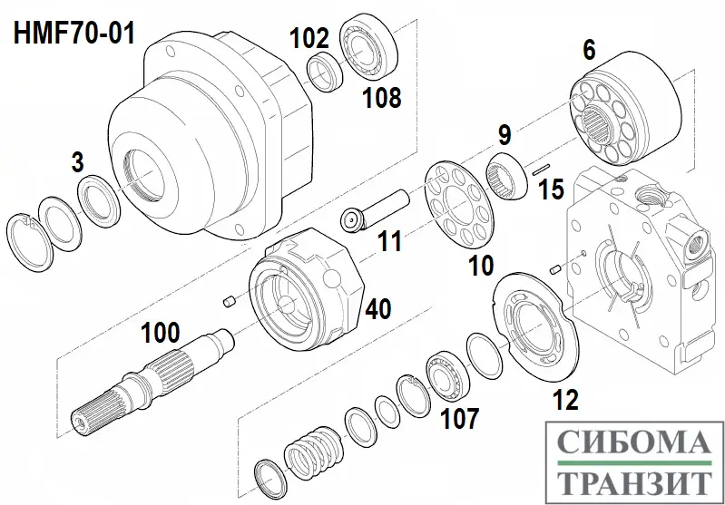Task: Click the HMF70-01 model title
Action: click(x=74, y=34)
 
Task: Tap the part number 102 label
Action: click(x=309, y=38)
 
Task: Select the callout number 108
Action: click(x=382, y=98)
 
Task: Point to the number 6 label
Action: click(x=589, y=50)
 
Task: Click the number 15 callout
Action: click(x=551, y=189)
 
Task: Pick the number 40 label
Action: click(x=378, y=308)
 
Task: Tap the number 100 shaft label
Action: click(x=160, y=333)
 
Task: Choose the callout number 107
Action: click(x=459, y=418)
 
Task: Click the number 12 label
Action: click(x=566, y=400)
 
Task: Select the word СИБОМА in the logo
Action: click(x=633, y=442)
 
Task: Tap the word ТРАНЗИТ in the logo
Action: click(x=633, y=483)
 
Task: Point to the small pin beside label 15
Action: click(x=540, y=170)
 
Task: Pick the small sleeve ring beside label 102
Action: click(x=325, y=72)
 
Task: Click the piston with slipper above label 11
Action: click(x=375, y=209)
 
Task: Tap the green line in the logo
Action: click(x=633, y=462)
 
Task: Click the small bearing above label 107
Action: click(x=448, y=374)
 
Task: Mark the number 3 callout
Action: click(x=78, y=162)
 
